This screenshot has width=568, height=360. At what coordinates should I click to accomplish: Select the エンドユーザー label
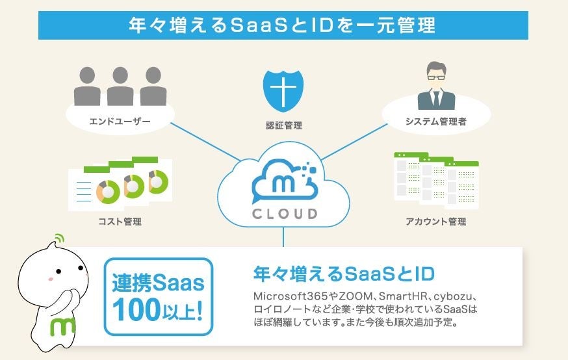click(120, 122)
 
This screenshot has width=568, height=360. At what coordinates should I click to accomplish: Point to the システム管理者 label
click(435, 122)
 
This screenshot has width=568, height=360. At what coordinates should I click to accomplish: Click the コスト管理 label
click(120, 222)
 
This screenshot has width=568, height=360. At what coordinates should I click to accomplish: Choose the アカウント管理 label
click(435, 222)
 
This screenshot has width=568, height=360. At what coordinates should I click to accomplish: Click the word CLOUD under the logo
click(285, 212)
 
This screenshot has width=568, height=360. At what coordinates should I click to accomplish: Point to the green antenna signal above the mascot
click(60, 238)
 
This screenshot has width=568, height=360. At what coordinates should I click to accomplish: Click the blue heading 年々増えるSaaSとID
click(343, 272)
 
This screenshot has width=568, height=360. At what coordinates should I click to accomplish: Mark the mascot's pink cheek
click(49, 279)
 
